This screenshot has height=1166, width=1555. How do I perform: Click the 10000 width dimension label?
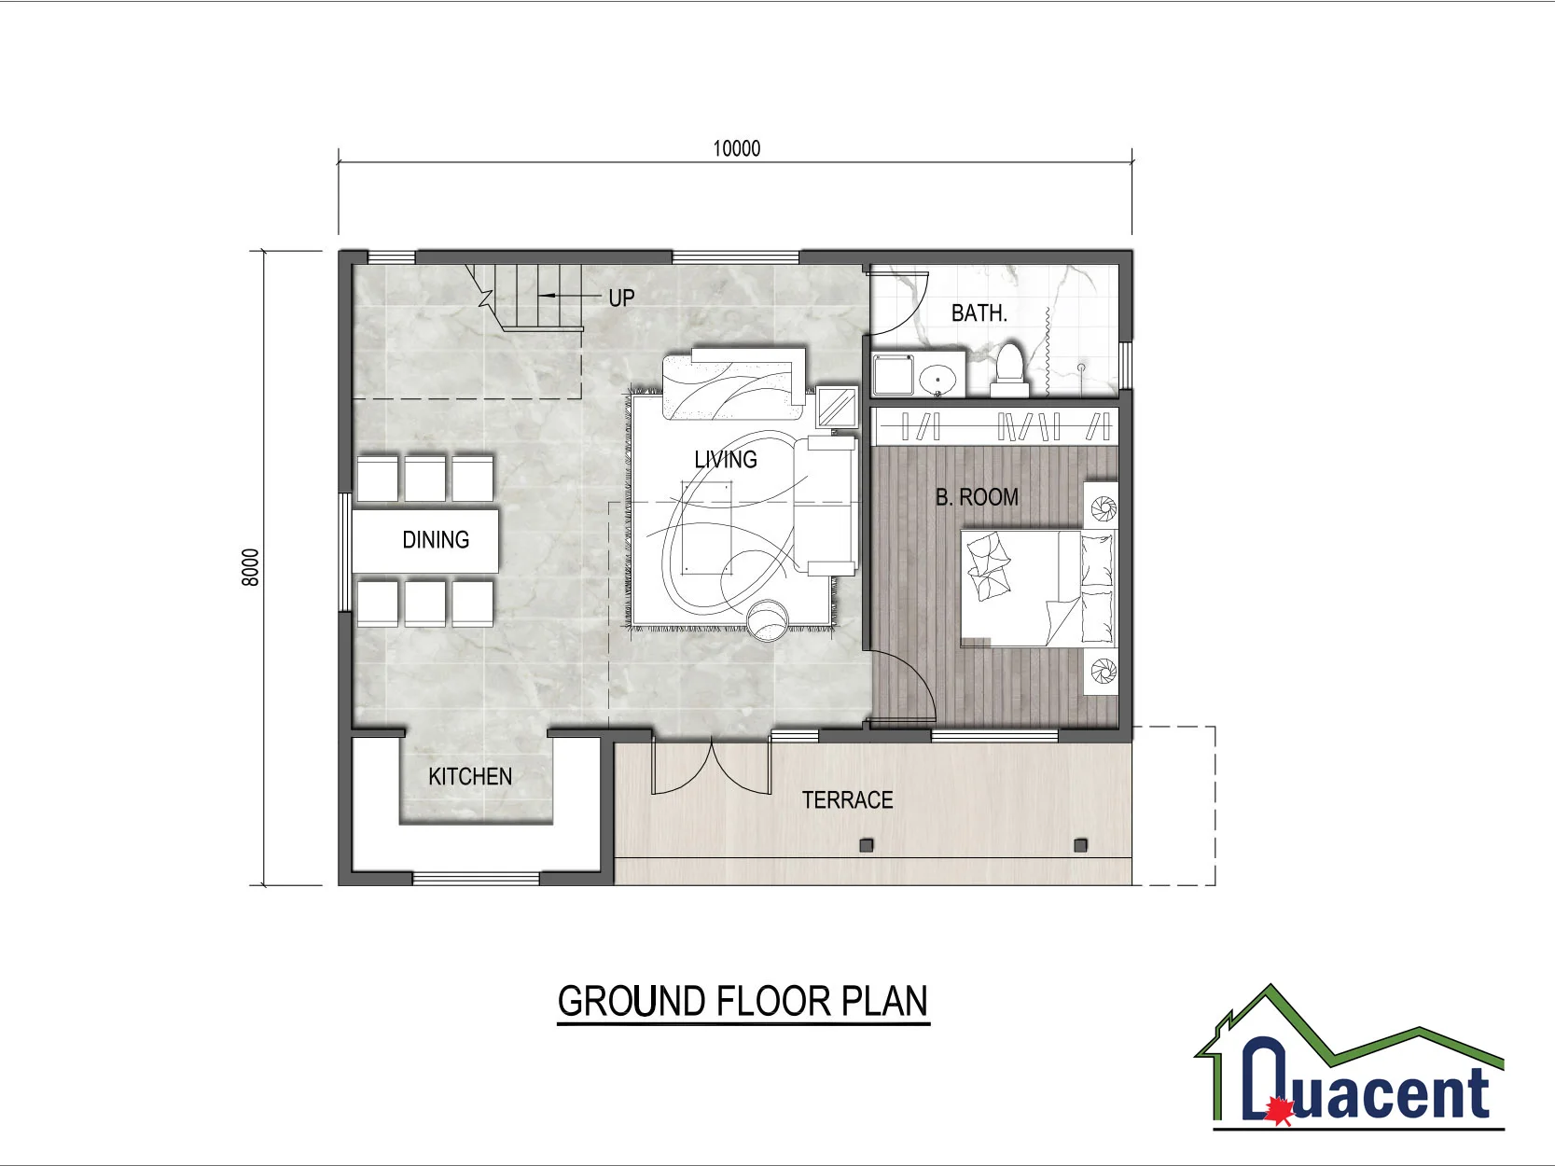coord(736,148)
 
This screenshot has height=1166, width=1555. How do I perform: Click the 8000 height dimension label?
coord(250,567)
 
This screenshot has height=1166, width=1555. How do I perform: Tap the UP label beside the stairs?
coord(621,298)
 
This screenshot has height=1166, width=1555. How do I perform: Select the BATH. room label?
coord(979,313)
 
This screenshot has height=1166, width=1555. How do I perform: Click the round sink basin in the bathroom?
coord(937,380)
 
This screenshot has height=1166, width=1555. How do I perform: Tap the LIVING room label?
coord(725,459)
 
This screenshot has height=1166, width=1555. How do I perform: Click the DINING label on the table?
coord(436,540)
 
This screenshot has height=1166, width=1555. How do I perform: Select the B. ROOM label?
coord(977,497)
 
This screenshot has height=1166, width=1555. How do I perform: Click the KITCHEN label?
coord(470,777)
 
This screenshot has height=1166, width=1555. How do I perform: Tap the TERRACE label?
coord(847,800)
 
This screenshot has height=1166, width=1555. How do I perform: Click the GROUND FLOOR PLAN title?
coord(743,1002)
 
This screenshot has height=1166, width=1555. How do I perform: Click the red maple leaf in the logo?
coord(1278,1110)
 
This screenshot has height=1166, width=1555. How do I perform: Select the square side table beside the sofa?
coord(837,407)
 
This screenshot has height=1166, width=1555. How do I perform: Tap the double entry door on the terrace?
coord(711,767)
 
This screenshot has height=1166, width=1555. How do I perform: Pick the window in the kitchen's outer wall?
coord(476,878)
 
